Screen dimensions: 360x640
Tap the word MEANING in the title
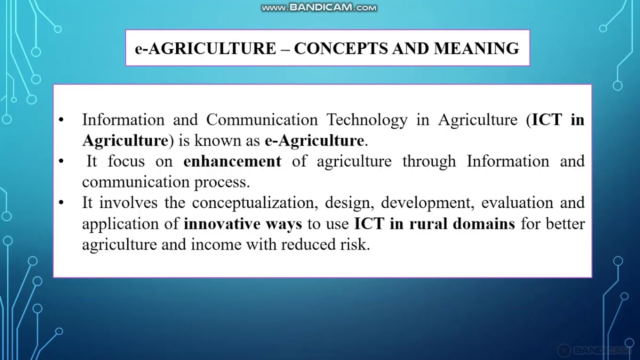[476, 48]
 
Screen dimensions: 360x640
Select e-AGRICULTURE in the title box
[205, 48]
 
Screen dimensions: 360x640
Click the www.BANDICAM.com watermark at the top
[319, 7]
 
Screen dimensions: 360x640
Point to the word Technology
[367, 120]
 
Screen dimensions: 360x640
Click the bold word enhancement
[232, 161]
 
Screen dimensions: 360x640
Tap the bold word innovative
[218, 224]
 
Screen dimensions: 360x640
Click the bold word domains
[483, 224]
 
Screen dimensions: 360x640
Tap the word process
[227, 182]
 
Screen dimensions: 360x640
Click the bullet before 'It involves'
[61, 203]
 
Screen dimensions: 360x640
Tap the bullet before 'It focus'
[61, 161]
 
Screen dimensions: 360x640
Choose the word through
[429, 161]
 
